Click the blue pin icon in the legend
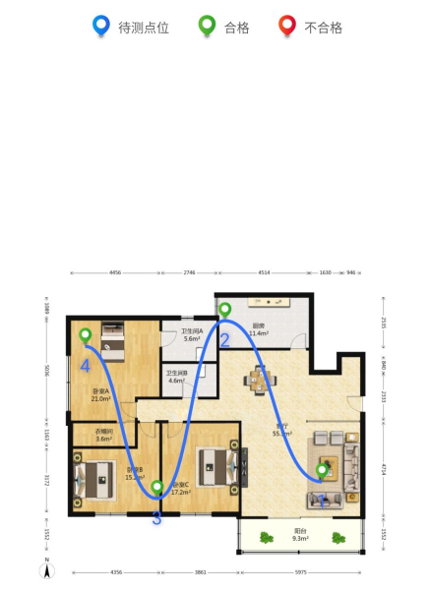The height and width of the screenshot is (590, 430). [99, 26]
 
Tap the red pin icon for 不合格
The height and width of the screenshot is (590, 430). [287, 26]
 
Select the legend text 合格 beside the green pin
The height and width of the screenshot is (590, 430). [236, 28]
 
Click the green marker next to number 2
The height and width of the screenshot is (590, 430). [225, 312]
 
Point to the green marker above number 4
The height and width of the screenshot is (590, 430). [86, 336]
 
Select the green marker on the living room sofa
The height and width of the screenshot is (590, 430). [322, 472]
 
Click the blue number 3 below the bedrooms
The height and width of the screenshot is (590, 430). [156, 518]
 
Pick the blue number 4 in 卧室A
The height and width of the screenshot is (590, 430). [86, 366]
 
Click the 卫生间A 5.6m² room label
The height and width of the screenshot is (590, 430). [192, 334]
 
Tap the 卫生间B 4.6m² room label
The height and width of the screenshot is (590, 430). [177, 377]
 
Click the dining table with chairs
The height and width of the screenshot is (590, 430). [262, 379]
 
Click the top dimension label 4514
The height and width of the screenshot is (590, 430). [264, 272]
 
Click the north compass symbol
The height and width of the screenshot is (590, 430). [46, 569]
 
